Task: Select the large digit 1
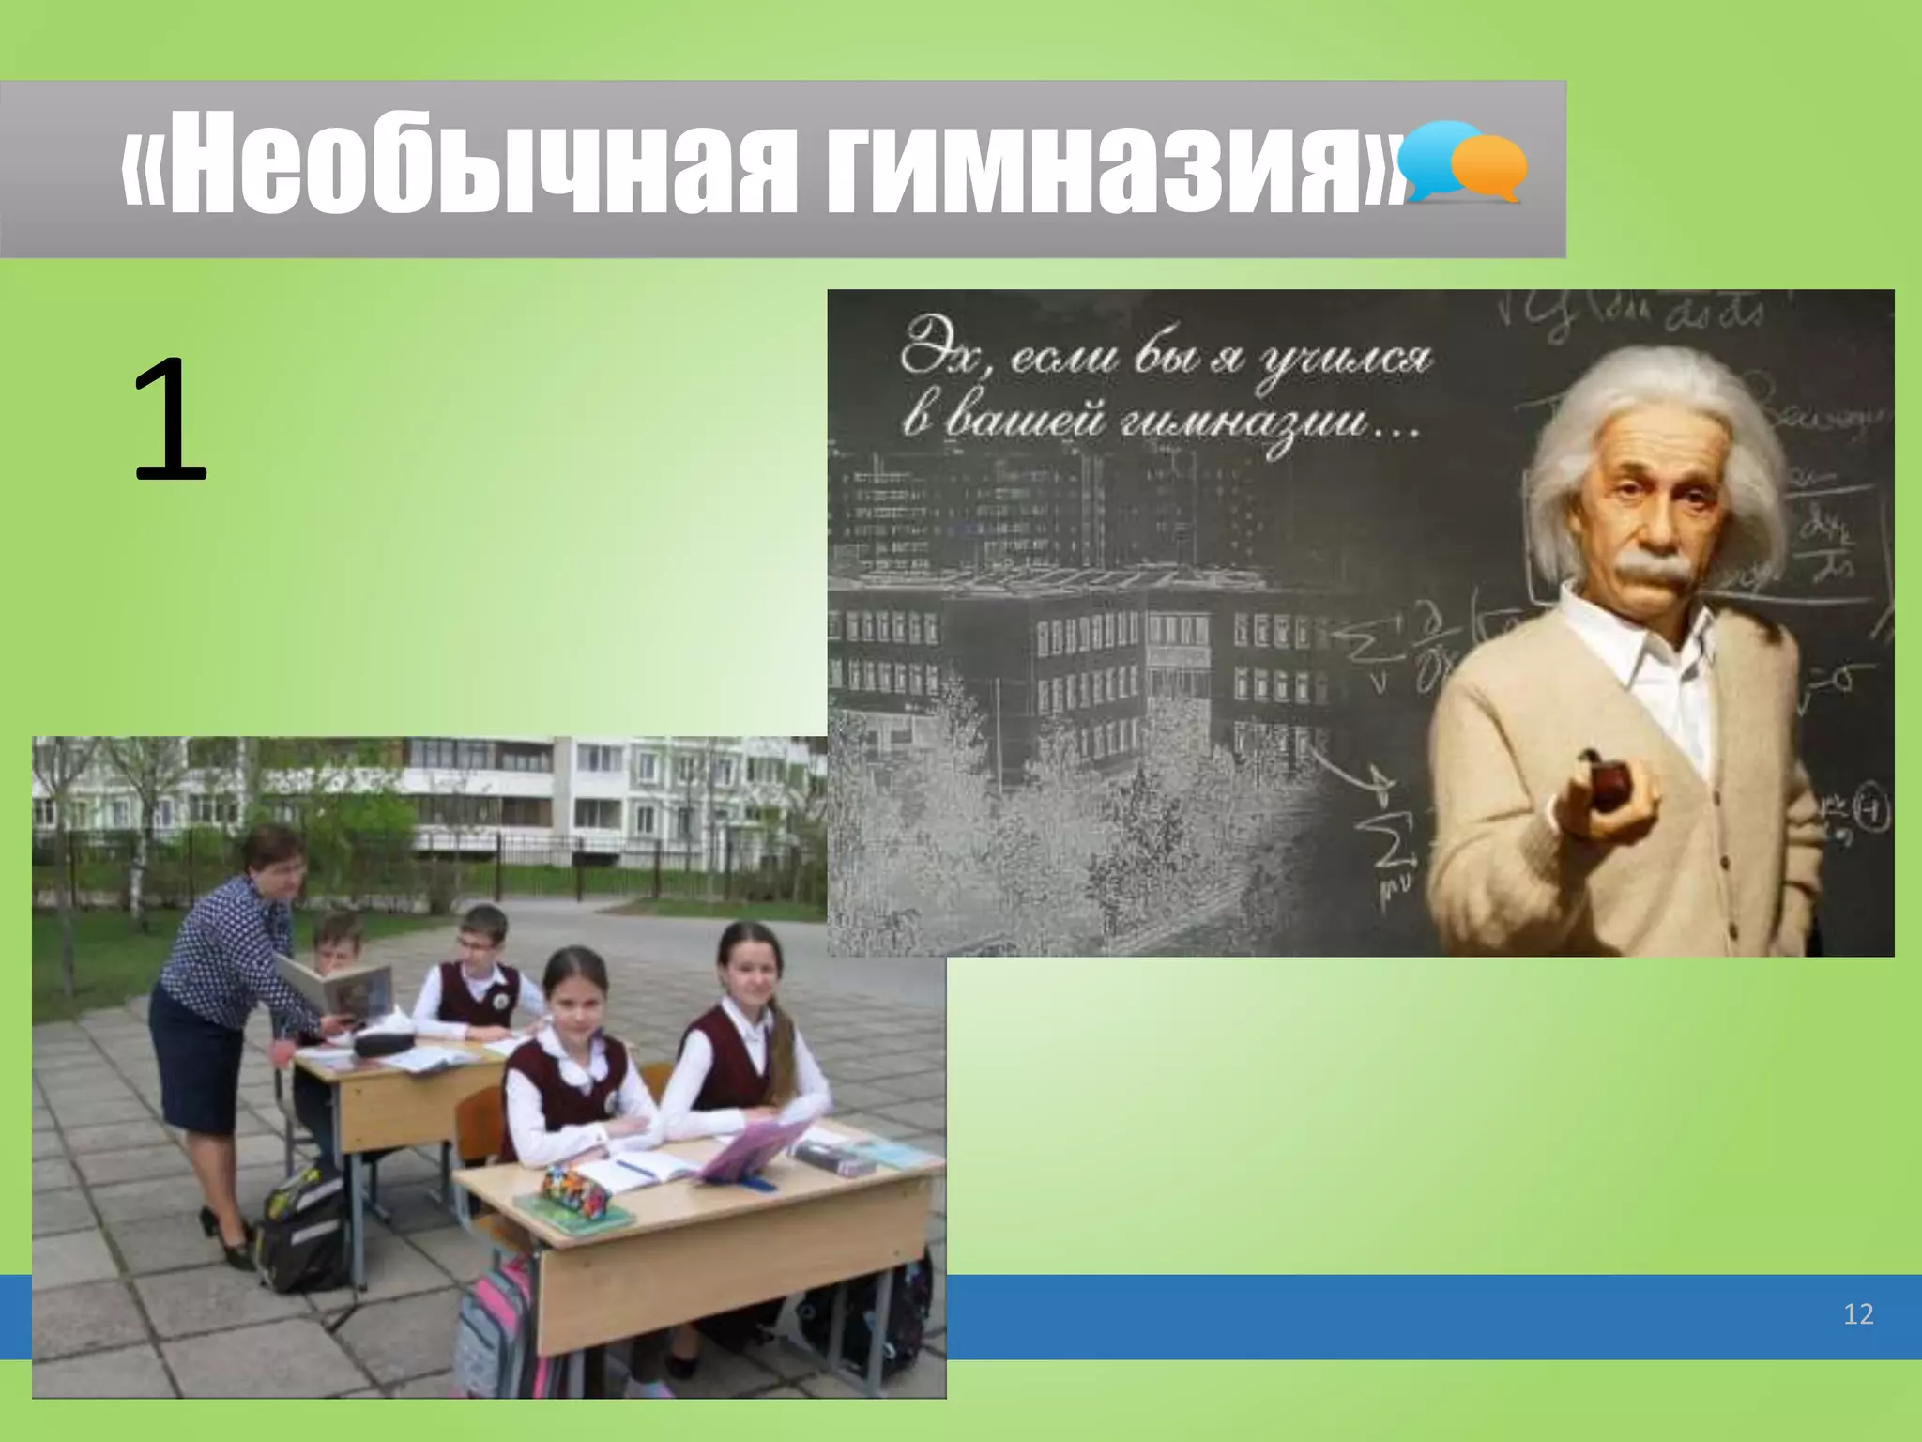[x=170, y=421]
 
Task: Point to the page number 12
[x=1858, y=1313]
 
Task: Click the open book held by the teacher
[x=338, y=990]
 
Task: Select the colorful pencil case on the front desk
[x=576, y=1190]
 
